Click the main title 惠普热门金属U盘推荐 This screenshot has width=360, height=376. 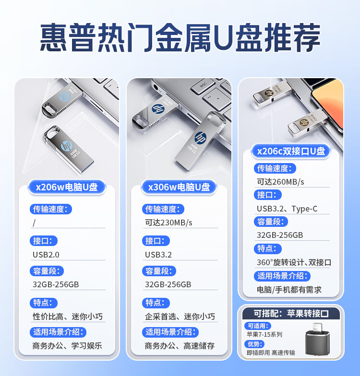click(x=180, y=38)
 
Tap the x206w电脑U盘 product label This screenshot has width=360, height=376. click(x=67, y=187)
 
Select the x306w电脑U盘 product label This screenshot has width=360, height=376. click(x=179, y=187)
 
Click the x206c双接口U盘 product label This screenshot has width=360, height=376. click(x=291, y=151)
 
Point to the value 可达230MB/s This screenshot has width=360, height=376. click(x=168, y=223)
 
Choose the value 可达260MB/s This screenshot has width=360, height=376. click(x=280, y=182)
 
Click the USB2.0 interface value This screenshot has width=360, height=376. click(x=46, y=255)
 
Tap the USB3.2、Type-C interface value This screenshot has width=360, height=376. click(x=287, y=209)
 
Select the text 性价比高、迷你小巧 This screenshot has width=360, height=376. click(x=68, y=317)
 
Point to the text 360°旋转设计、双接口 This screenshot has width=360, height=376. click(x=294, y=262)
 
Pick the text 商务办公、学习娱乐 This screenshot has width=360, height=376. click(x=67, y=345)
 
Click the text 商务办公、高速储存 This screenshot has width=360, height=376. click(x=180, y=345)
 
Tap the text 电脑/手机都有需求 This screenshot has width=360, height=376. click(x=289, y=290)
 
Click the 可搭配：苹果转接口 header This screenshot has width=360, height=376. click(x=291, y=314)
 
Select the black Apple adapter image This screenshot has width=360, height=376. click(x=318, y=341)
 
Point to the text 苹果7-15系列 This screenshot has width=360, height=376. click(x=264, y=334)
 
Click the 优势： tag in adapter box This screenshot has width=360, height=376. click(x=254, y=344)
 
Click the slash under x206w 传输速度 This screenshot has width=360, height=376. click(x=34, y=223)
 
